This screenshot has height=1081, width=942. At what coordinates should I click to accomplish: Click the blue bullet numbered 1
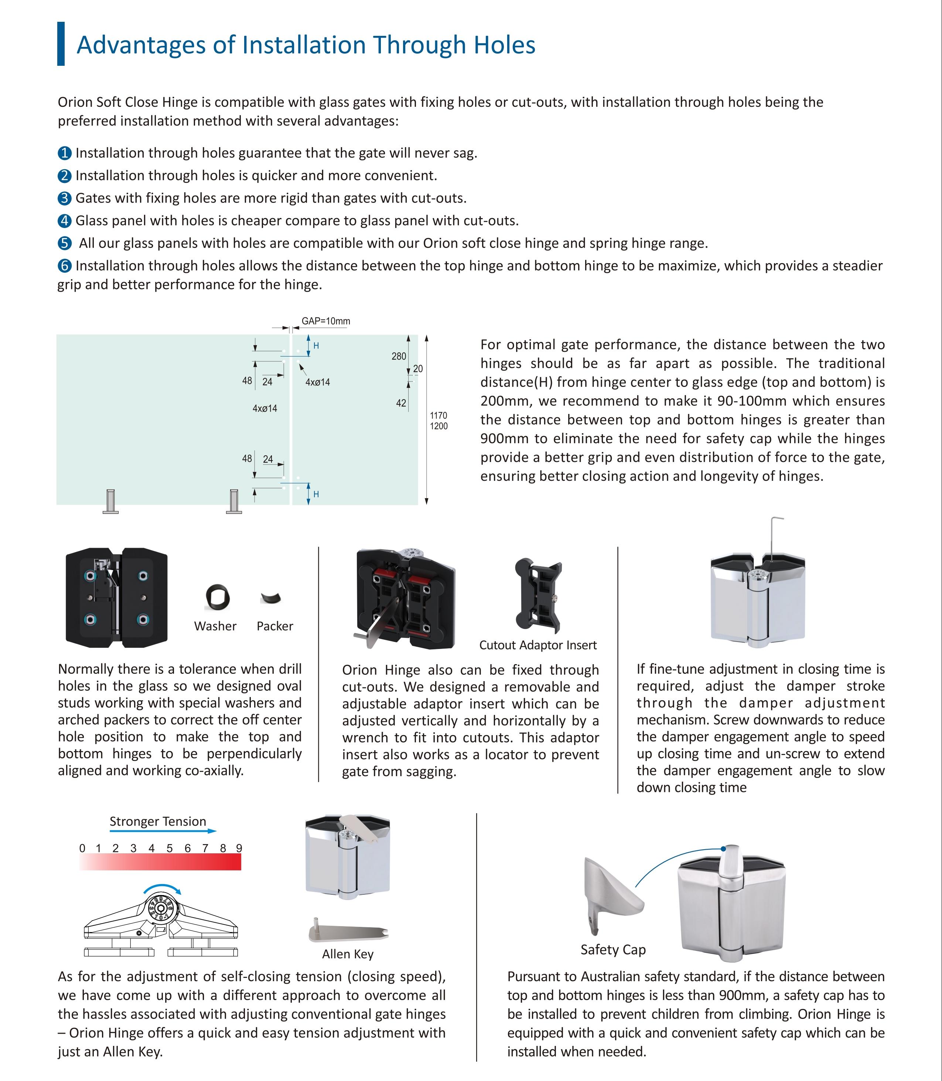point(64,153)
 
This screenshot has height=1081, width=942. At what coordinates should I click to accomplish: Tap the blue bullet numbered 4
point(64,221)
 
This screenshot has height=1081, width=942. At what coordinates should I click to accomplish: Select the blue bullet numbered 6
point(64,266)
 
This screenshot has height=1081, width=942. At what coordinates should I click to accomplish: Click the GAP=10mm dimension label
point(325,321)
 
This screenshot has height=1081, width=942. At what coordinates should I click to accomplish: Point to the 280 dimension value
point(399,357)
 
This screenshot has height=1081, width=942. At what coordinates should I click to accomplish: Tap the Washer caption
point(215,626)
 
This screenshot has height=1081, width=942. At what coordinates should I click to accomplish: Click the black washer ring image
point(217,597)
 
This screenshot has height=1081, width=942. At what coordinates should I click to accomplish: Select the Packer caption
point(274,626)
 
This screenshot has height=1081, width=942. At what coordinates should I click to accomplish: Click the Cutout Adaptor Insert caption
point(538,645)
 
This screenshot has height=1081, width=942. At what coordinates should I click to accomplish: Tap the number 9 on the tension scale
point(239,848)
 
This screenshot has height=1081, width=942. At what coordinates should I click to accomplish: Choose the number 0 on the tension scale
point(82,848)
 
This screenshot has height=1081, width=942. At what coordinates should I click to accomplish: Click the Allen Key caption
point(348,954)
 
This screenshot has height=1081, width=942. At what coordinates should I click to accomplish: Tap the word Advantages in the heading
point(141,45)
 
